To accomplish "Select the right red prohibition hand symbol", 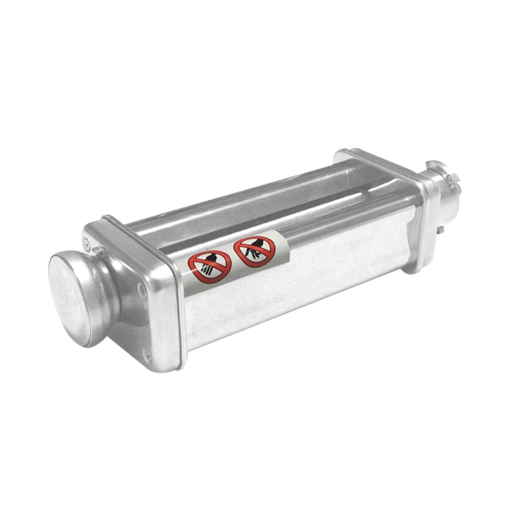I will pyautogui.click(x=253, y=250).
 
